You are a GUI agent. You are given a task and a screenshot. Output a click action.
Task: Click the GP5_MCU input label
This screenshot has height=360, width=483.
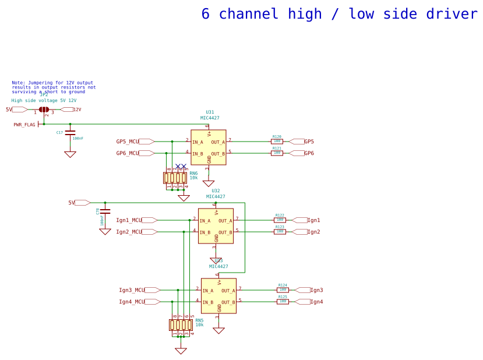128,142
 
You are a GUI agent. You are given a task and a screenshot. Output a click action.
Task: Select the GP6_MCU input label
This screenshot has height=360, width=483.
128,153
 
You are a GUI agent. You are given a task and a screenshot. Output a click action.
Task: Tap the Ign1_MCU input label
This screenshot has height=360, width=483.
129,220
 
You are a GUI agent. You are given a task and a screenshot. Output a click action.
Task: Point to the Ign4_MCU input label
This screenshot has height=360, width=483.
132,302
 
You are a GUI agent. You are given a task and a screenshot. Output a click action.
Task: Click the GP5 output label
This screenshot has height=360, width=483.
309,142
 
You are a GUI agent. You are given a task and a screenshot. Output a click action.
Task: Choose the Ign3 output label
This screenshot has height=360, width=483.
316,290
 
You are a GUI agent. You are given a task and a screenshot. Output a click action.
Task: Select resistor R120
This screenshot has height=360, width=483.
277,142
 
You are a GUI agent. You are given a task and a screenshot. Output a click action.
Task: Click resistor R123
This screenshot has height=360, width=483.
280,232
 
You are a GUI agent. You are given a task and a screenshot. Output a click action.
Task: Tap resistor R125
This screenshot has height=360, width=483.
283,302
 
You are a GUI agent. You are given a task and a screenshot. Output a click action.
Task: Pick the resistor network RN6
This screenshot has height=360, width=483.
175,178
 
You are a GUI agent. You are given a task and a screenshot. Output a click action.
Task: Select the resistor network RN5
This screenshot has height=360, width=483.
181,325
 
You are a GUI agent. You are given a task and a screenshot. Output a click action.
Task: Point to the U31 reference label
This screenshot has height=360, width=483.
210,112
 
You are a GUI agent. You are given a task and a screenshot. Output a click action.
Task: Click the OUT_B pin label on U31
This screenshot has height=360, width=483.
217,154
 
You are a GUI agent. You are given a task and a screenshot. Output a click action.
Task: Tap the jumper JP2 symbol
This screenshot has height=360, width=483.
44,110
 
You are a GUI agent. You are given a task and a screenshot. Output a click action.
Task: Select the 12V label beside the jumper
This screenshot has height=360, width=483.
77,110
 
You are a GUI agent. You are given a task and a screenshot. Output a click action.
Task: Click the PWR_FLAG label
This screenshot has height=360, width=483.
24,125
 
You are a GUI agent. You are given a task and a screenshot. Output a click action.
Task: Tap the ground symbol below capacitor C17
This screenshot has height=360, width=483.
70,154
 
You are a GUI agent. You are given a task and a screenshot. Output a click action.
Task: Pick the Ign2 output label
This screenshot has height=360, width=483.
313,232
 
